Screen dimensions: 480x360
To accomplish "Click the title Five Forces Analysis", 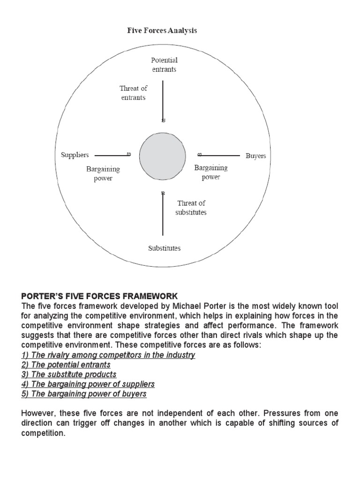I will tap(162, 30).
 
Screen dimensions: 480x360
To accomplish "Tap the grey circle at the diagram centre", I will tap(163, 156).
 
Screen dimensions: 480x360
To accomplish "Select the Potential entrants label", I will tap(164, 65).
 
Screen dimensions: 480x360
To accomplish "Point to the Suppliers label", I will tap(75, 155).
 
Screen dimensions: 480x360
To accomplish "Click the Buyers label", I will tap(255, 156).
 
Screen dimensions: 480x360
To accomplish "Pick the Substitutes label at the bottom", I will tap(164, 248).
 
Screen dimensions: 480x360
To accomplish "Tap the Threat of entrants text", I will tap(133, 93).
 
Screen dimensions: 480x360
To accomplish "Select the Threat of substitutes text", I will tap(191, 208).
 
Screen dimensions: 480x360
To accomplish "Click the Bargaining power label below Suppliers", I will tap(103, 173).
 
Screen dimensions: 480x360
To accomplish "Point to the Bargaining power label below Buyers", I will tap(211, 172).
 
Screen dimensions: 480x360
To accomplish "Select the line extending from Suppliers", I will tap(111, 155).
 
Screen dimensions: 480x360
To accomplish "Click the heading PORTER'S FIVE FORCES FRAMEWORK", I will tap(100, 296).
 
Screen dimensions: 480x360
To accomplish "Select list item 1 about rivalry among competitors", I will tap(108, 355).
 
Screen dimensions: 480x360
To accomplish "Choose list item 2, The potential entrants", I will tap(66, 365).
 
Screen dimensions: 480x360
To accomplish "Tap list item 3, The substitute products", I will tap(69, 375).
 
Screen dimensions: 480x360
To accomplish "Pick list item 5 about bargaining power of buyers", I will tap(84, 394).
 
